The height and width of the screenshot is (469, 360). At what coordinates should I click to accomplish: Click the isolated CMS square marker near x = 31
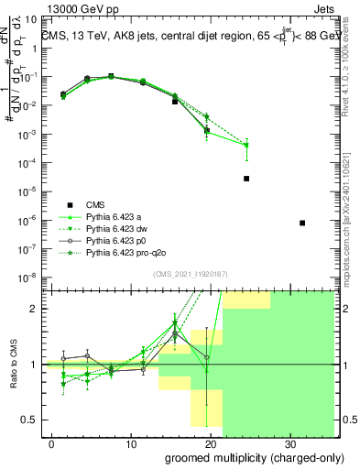(x=302, y=223)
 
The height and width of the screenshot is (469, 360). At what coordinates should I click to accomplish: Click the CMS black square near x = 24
(x=246, y=179)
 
